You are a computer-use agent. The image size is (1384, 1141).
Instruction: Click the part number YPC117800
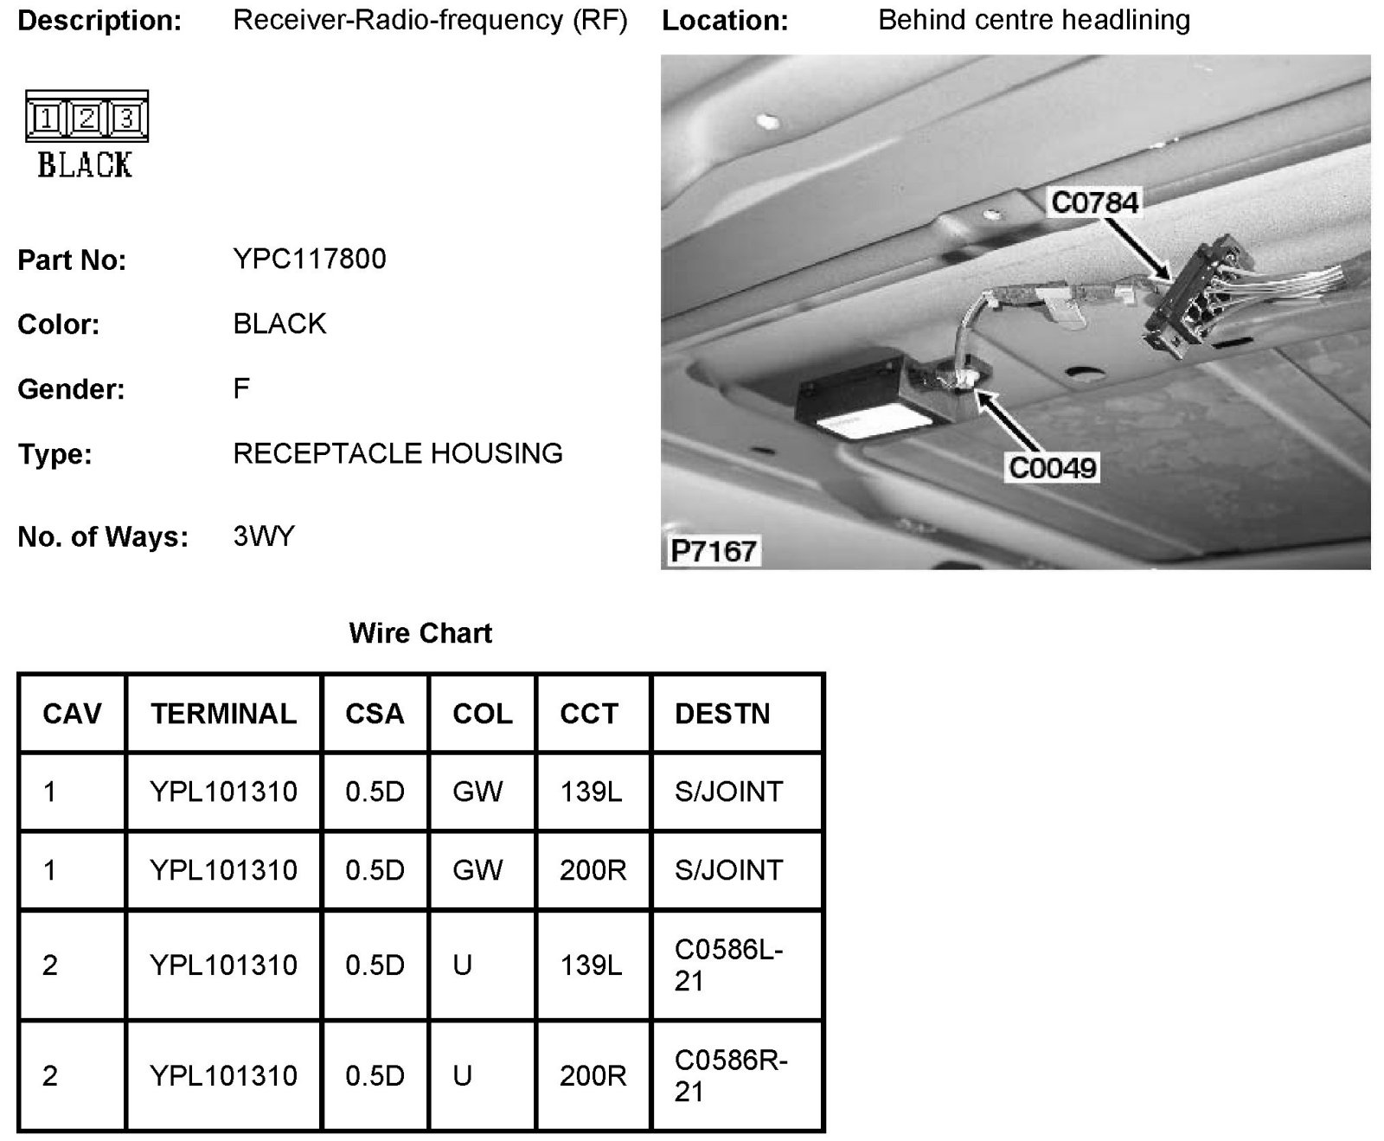tap(309, 259)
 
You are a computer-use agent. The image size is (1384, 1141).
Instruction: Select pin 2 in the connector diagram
tap(86, 118)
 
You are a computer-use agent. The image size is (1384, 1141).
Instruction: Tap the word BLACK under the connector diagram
tap(85, 164)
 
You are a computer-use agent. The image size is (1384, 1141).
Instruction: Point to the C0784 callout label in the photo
tap(1094, 202)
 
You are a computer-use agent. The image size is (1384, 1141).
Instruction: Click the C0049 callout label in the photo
tap(1053, 468)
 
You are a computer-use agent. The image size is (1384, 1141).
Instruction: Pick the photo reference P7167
tap(714, 551)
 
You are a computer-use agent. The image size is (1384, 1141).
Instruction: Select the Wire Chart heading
tap(420, 633)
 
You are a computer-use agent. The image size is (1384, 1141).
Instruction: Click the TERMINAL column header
tap(223, 714)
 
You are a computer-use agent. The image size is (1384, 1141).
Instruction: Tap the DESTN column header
tap(722, 714)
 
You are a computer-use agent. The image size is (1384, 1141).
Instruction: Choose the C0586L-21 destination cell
tap(729, 965)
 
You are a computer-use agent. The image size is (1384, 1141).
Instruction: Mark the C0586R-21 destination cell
tap(731, 1075)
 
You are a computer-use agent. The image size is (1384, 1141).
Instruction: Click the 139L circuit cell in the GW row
tap(591, 792)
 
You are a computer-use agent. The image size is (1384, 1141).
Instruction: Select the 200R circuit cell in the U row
tap(593, 1075)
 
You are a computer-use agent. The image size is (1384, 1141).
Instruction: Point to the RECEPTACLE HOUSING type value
tap(398, 453)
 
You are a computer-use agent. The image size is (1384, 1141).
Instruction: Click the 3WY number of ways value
tap(264, 536)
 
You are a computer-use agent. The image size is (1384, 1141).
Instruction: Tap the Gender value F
tap(241, 388)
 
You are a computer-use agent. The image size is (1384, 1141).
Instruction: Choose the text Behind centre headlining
tap(1034, 20)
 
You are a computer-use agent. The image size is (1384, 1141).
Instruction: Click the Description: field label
tap(99, 21)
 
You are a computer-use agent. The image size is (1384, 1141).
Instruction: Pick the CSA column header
tap(375, 714)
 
